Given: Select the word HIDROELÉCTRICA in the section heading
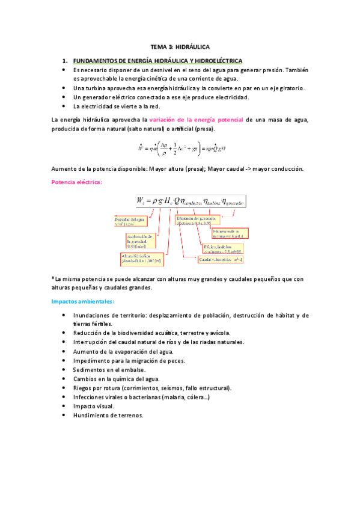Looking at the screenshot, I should click(x=217, y=61).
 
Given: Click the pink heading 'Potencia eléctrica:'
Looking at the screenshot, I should click(x=77, y=182).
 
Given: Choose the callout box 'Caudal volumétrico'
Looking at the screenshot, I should click(x=221, y=259).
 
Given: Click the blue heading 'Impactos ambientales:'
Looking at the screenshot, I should click(x=82, y=301).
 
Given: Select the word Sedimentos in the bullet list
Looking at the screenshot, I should click(x=88, y=370).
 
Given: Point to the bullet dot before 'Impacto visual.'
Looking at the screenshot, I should click(x=65, y=407).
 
